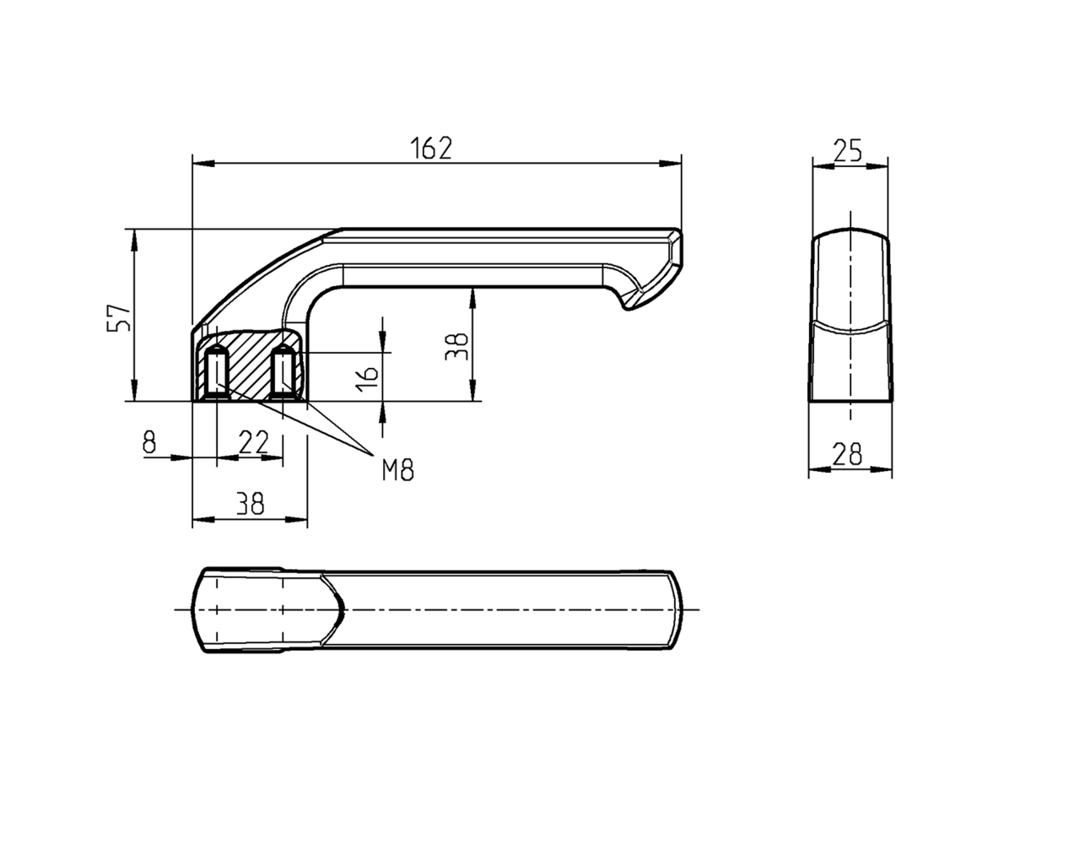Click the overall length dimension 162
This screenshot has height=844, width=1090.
pos(431,148)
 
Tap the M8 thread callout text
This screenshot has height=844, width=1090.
pos(397,470)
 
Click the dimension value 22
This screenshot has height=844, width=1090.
pos(254,441)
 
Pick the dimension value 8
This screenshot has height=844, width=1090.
pos(149,441)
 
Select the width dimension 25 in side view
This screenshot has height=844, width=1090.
pos(847,151)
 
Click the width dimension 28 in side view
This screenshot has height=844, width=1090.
pos(847,454)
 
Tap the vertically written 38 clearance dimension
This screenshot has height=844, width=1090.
pos(456,346)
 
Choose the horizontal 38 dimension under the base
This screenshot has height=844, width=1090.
pos(249,505)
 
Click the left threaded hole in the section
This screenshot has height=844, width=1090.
pos(217,373)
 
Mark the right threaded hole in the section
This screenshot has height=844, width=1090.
pos(283,373)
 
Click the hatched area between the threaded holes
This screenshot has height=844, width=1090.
pos(249,359)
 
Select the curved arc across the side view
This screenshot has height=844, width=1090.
pos(850,328)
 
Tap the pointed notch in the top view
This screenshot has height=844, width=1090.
pos(343,609)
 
